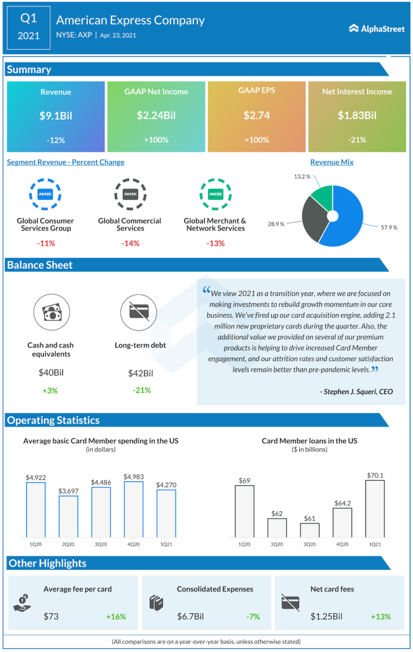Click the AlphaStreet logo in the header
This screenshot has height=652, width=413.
[x=377, y=28]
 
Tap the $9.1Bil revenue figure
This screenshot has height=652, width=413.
[x=55, y=115]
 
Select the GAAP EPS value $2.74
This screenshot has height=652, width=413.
[x=256, y=115]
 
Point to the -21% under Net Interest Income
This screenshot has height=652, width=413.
[x=357, y=139]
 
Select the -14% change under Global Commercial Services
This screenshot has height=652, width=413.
[x=130, y=243]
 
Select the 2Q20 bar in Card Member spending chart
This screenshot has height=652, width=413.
[x=69, y=516]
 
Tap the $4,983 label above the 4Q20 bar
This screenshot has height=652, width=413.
[x=134, y=476]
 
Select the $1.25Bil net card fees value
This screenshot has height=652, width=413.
[x=326, y=616]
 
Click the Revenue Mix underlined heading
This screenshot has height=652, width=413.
[x=332, y=162]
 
